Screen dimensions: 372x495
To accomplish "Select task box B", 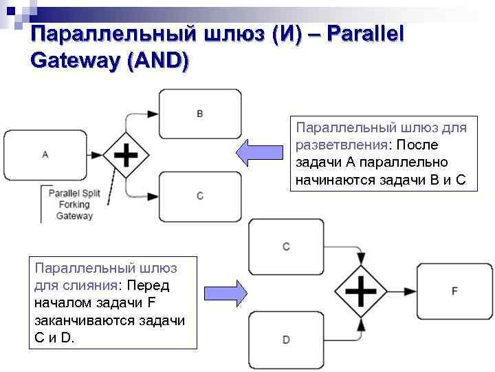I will [x=200, y=114].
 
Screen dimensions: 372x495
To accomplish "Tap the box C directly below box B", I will [x=200, y=196].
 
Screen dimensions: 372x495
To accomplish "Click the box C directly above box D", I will [x=286, y=246].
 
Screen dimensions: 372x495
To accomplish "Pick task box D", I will [x=286, y=339].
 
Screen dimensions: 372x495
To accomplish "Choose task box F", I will [x=454, y=291].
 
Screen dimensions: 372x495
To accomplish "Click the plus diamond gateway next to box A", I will [x=126, y=155].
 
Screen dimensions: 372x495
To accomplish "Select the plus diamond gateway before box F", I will [x=360, y=291].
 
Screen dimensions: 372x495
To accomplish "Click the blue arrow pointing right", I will [x=225, y=292].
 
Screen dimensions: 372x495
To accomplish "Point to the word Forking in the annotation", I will [x=74, y=205].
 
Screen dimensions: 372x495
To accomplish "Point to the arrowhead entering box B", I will [x=155, y=114].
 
